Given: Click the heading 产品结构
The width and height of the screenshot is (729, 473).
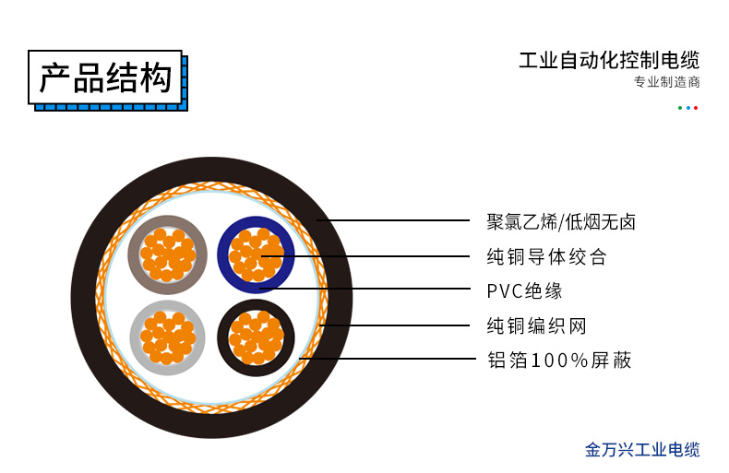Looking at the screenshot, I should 105,78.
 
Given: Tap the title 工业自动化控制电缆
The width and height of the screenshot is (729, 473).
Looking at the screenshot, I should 609,61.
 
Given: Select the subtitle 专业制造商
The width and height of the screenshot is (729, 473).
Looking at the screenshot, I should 666,82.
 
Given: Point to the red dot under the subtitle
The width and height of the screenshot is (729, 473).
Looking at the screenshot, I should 696,108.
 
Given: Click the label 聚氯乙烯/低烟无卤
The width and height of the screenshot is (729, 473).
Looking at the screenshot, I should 561,221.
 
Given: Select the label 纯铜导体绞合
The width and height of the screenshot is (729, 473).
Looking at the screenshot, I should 546,256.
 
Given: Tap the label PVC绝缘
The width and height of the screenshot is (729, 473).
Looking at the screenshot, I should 524,291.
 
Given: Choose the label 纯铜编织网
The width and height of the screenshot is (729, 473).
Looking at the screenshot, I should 536,325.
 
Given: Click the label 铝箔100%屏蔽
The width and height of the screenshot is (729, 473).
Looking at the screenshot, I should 558,360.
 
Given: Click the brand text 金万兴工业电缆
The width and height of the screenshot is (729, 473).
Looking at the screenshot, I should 642,450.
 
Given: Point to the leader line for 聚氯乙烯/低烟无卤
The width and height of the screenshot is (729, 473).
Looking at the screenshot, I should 397,221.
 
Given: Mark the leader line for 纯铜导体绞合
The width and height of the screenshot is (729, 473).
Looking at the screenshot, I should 369,256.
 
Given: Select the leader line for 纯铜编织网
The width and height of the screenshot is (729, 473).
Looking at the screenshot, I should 397,325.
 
